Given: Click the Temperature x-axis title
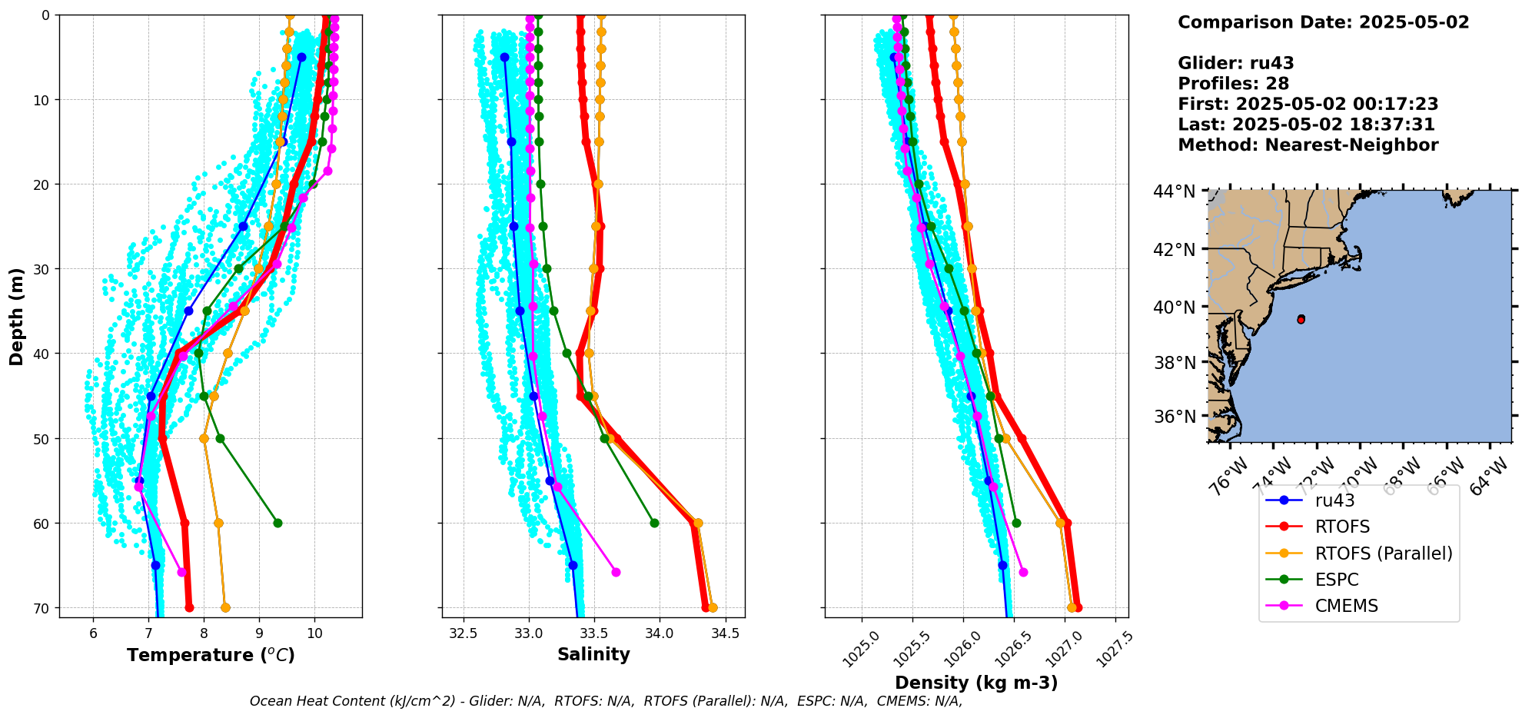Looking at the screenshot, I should point(211,655).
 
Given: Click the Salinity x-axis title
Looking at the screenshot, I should point(593,655).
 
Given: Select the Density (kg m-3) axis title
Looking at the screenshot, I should point(976,683).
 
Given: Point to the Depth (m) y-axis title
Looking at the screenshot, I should point(17,316).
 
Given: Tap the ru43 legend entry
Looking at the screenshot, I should point(1335,500).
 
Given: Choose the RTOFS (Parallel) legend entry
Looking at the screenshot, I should point(1384,553).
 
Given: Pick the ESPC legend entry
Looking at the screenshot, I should point(1337,580).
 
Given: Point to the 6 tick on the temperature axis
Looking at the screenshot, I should point(94,634).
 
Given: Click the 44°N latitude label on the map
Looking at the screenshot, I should point(1175,191).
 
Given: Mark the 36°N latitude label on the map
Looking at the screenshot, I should point(1175,417).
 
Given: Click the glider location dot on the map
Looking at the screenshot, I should point(1301,319).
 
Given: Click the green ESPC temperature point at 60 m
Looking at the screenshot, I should point(277,523).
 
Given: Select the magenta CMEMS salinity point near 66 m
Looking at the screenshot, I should point(616,572).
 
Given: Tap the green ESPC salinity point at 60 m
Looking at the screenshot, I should point(654,523).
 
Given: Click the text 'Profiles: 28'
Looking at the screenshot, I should point(1233,84).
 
